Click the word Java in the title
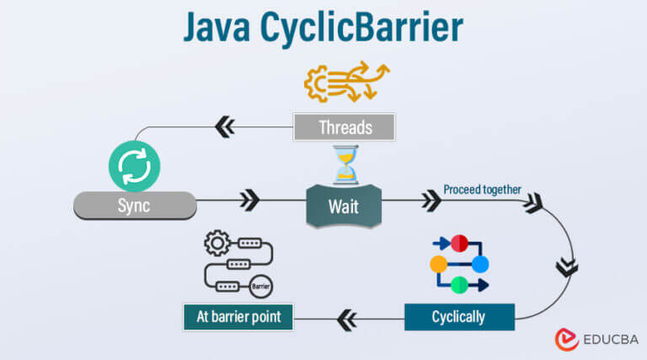tap(217, 27)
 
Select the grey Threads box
tap(344, 127)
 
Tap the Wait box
tap(344, 206)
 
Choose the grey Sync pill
tap(135, 205)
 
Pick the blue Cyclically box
tap(459, 317)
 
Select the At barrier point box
tap(238, 317)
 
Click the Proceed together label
tap(482, 190)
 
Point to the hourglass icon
tap(345, 164)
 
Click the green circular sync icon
tap(135, 166)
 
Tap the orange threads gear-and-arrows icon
tap(346, 82)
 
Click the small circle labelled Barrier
tap(261, 286)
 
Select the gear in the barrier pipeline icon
tap(217, 243)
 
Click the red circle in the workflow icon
tap(459, 243)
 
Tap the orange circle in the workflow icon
tap(439, 264)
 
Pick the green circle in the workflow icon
tap(459, 285)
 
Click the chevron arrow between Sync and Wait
tap(250, 200)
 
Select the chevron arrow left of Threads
tap(225, 126)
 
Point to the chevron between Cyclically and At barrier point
tap(346, 320)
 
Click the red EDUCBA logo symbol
tap(566, 340)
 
